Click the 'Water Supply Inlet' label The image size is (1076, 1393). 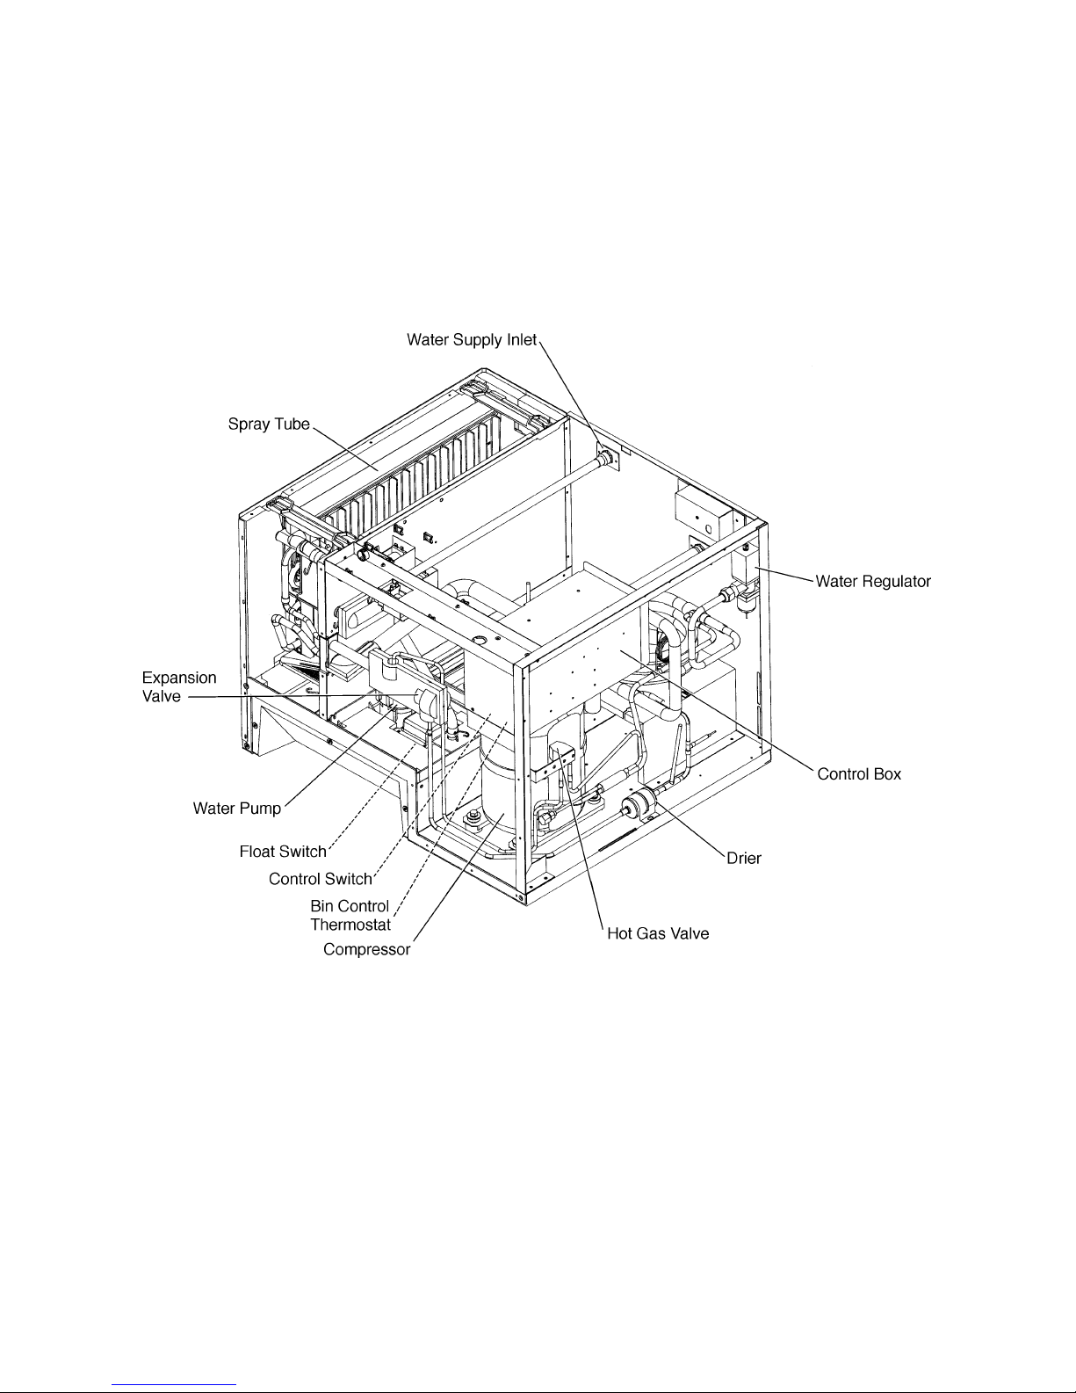472,340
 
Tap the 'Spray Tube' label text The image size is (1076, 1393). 269,424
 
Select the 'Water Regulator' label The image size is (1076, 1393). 873,582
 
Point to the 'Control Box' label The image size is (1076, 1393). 859,773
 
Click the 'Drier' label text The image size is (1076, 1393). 744,858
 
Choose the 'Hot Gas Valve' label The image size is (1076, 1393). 658,933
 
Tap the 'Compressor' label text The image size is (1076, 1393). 366,949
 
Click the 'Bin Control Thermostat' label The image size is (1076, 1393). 350,916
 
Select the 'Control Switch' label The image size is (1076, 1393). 321,879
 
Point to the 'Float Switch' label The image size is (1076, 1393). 283,852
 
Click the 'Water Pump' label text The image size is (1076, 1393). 237,809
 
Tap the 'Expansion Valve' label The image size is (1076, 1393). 179,686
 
